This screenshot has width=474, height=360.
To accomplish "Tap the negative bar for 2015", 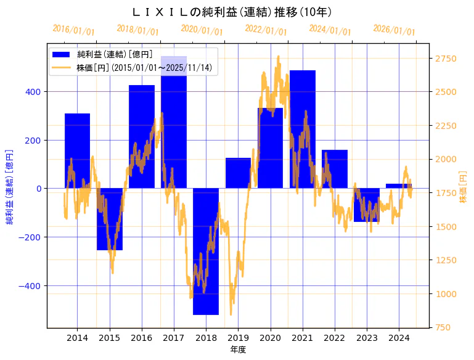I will point(110,219).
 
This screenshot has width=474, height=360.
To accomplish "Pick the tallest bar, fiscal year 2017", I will point(174,123).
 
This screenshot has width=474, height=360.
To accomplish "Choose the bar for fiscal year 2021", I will point(303,129).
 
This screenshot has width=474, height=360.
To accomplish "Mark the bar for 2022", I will point(335,169).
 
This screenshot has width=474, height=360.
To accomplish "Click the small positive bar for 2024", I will point(399,186).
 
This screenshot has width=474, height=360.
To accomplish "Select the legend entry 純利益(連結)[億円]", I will point(115,54).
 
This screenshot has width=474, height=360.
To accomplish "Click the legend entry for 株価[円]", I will point(144,68).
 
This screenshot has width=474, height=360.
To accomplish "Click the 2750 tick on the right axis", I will point(446,59).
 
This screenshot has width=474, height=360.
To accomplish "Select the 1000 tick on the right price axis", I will point(446,294).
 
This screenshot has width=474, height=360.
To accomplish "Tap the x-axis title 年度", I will point(238,349).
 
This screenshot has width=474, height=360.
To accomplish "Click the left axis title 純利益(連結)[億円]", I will point(10,186).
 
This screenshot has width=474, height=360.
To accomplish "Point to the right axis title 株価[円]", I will point(464,187).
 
